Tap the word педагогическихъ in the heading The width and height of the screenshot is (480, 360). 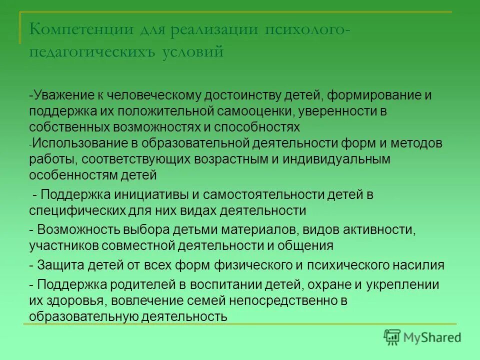pos(93,52)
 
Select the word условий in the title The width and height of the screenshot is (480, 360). pos(192,51)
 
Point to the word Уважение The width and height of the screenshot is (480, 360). pos(64,95)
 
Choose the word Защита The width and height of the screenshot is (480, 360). pos(60,264)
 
